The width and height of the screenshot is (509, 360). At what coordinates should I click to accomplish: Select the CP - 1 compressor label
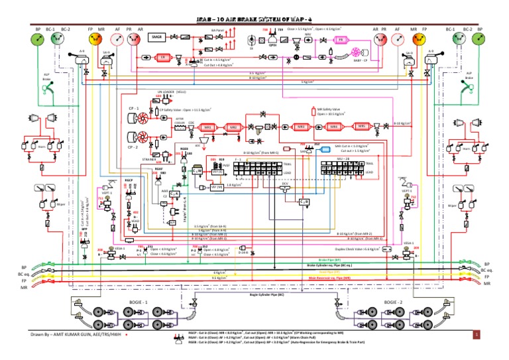pyautogui.click(x=131, y=107)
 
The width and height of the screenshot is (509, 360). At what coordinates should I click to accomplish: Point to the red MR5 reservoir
pyautogui.click(x=362, y=125)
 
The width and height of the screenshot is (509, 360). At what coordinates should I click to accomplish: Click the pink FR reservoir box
pyautogui.click(x=340, y=40)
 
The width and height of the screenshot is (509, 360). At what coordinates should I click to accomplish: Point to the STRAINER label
pyautogui.click(x=149, y=160)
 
